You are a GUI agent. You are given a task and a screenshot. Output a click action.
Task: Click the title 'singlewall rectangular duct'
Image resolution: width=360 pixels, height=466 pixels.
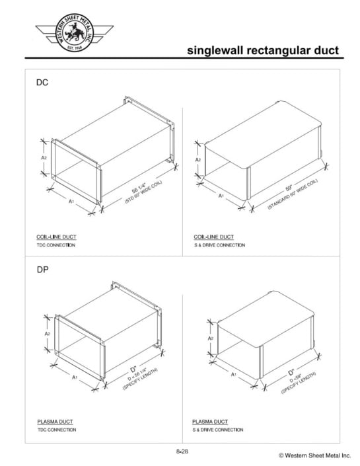(x=262, y=50)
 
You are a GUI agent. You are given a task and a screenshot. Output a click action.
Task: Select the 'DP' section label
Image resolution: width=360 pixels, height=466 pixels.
(x=42, y=270)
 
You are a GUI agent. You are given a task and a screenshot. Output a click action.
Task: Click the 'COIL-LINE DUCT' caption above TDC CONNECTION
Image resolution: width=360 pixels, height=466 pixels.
(x=55, y=237)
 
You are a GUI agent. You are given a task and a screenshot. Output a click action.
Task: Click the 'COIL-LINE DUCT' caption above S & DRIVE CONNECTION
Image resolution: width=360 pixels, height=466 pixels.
(x=213, y=237)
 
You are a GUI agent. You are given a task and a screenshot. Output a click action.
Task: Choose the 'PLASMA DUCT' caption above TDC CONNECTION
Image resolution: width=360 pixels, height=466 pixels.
(x=54, y=421)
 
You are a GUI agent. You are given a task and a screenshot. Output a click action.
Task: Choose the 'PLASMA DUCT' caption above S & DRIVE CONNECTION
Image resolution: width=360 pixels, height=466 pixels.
(x=210, y=421)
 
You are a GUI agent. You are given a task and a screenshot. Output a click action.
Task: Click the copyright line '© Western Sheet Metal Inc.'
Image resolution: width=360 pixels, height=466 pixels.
(x=314, y=456)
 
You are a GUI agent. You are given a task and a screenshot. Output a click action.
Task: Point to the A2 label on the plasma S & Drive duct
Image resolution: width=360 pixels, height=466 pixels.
(x=211, y=338)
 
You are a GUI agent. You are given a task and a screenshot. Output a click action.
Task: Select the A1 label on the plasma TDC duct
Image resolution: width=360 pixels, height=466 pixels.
(x=75, y=377)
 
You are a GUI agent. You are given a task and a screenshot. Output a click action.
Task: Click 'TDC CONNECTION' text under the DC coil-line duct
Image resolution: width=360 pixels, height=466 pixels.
(x=55, y=245)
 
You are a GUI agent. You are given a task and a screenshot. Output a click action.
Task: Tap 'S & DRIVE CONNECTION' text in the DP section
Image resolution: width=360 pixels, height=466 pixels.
(x=217, y=430)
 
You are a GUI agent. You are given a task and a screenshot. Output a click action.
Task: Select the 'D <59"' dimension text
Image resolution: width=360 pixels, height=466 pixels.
(x=296, y=378)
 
